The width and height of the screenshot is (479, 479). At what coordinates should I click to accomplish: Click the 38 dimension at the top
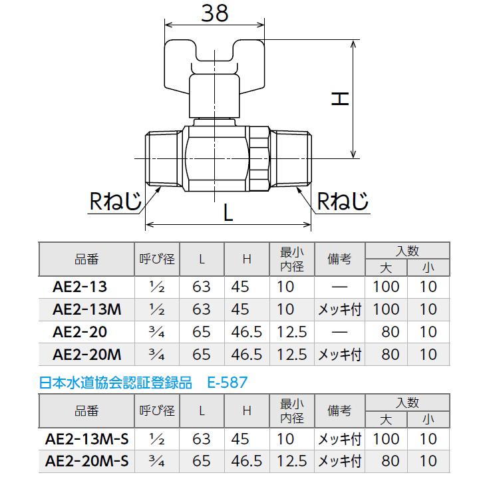pos(215,14)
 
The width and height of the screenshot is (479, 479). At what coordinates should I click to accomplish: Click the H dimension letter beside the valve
pos(340,98)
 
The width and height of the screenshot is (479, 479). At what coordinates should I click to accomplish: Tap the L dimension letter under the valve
pos(228,214)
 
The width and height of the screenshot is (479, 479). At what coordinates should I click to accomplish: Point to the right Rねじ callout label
pos(342,201)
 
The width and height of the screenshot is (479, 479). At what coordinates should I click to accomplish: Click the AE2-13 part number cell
pos(79,287)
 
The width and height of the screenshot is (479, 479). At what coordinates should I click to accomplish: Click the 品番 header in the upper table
pos(86,259)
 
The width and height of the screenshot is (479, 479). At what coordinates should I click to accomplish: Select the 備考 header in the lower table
pos(339,411)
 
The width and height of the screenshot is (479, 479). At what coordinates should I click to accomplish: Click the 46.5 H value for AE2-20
pos(246,332)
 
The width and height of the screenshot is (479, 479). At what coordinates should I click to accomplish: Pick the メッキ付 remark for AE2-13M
pos(339,309)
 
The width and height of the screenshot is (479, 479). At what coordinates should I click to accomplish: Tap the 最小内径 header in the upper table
pos(291,259)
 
